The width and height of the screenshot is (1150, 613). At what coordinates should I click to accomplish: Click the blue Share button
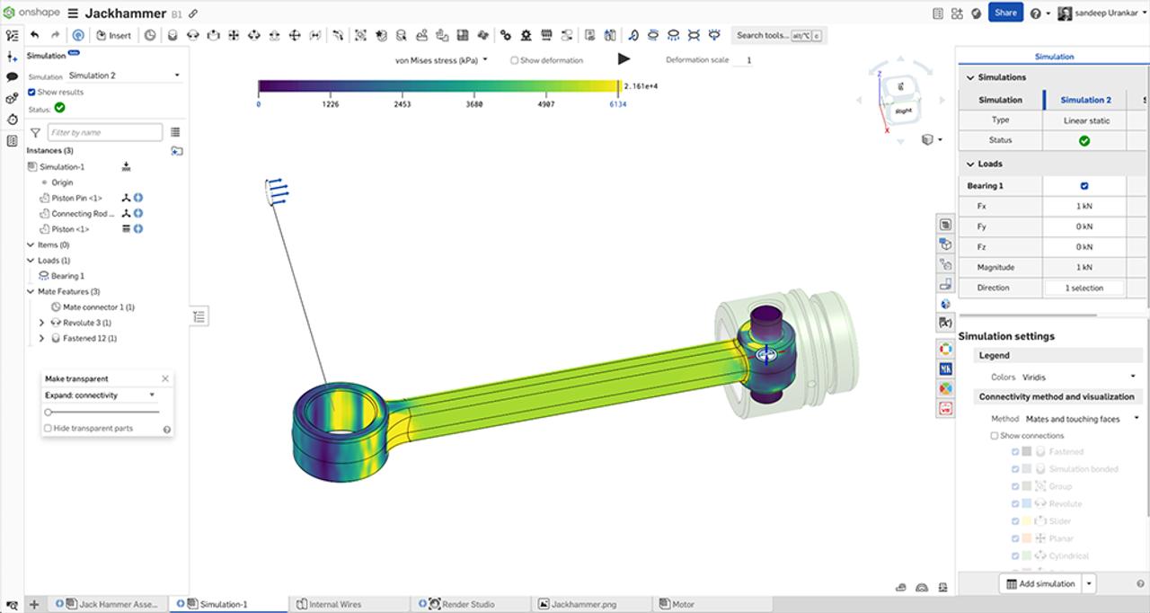tap(1005, 13)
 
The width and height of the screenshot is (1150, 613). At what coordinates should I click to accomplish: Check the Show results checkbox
tap(32, 92)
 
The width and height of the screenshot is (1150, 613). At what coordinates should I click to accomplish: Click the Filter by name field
tap(104, 132)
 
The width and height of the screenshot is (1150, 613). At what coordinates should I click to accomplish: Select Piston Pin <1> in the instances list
tap(76, 198)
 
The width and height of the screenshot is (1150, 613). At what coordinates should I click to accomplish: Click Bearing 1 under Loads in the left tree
tap(67, 276)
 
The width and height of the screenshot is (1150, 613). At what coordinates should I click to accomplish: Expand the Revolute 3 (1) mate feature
tap(42, 323)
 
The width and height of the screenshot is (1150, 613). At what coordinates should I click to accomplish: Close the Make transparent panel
tap(165, 378)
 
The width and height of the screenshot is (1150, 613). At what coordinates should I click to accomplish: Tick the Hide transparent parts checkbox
tap(48, 428)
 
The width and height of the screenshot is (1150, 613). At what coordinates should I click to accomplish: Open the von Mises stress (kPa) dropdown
tap(441, 60)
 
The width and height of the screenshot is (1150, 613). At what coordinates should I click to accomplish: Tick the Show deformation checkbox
tap(514, 60)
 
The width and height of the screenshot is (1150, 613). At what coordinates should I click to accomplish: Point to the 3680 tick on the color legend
tap(475, 104)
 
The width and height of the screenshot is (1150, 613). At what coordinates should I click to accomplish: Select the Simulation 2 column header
tap(1085, 100)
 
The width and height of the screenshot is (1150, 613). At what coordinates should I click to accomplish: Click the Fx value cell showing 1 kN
tap(1084, 206)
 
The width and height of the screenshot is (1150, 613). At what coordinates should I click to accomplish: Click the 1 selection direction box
tap(1085, 288)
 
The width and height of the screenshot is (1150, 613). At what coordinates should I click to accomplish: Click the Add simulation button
tap(1040, 583)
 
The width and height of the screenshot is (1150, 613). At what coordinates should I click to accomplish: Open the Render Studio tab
tap(467, 604)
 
